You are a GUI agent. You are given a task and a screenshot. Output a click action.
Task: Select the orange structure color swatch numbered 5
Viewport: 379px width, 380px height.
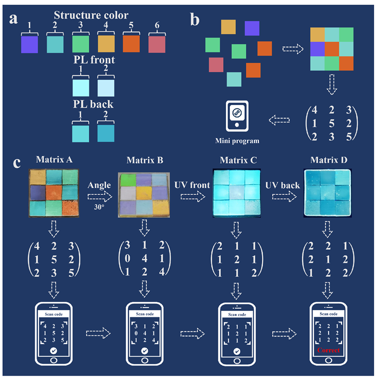(131, 44)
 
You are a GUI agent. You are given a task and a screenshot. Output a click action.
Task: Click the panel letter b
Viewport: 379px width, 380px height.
(196, 20)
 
